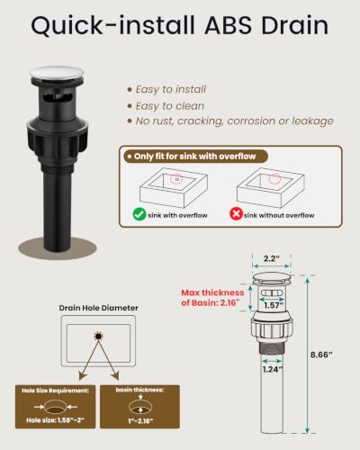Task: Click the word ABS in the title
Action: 229,25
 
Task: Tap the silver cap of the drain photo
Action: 57,73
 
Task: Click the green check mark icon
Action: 139,214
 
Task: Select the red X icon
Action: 236,214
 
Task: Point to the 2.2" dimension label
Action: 272,258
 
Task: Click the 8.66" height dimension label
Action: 321,355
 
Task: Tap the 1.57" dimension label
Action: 274,305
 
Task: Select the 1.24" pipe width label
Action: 273,369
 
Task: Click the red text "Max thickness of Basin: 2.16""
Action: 212,298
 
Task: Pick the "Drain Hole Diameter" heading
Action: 99,308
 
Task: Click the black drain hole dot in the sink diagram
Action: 98,337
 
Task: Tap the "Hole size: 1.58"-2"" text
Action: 55,420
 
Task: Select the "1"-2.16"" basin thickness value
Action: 140,421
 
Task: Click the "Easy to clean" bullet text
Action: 170,106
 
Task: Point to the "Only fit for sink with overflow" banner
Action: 195,157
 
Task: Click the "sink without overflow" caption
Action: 279,215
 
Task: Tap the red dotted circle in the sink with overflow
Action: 176,179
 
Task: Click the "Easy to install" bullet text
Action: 171,89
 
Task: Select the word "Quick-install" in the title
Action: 113,26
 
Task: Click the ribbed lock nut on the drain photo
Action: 58,141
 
